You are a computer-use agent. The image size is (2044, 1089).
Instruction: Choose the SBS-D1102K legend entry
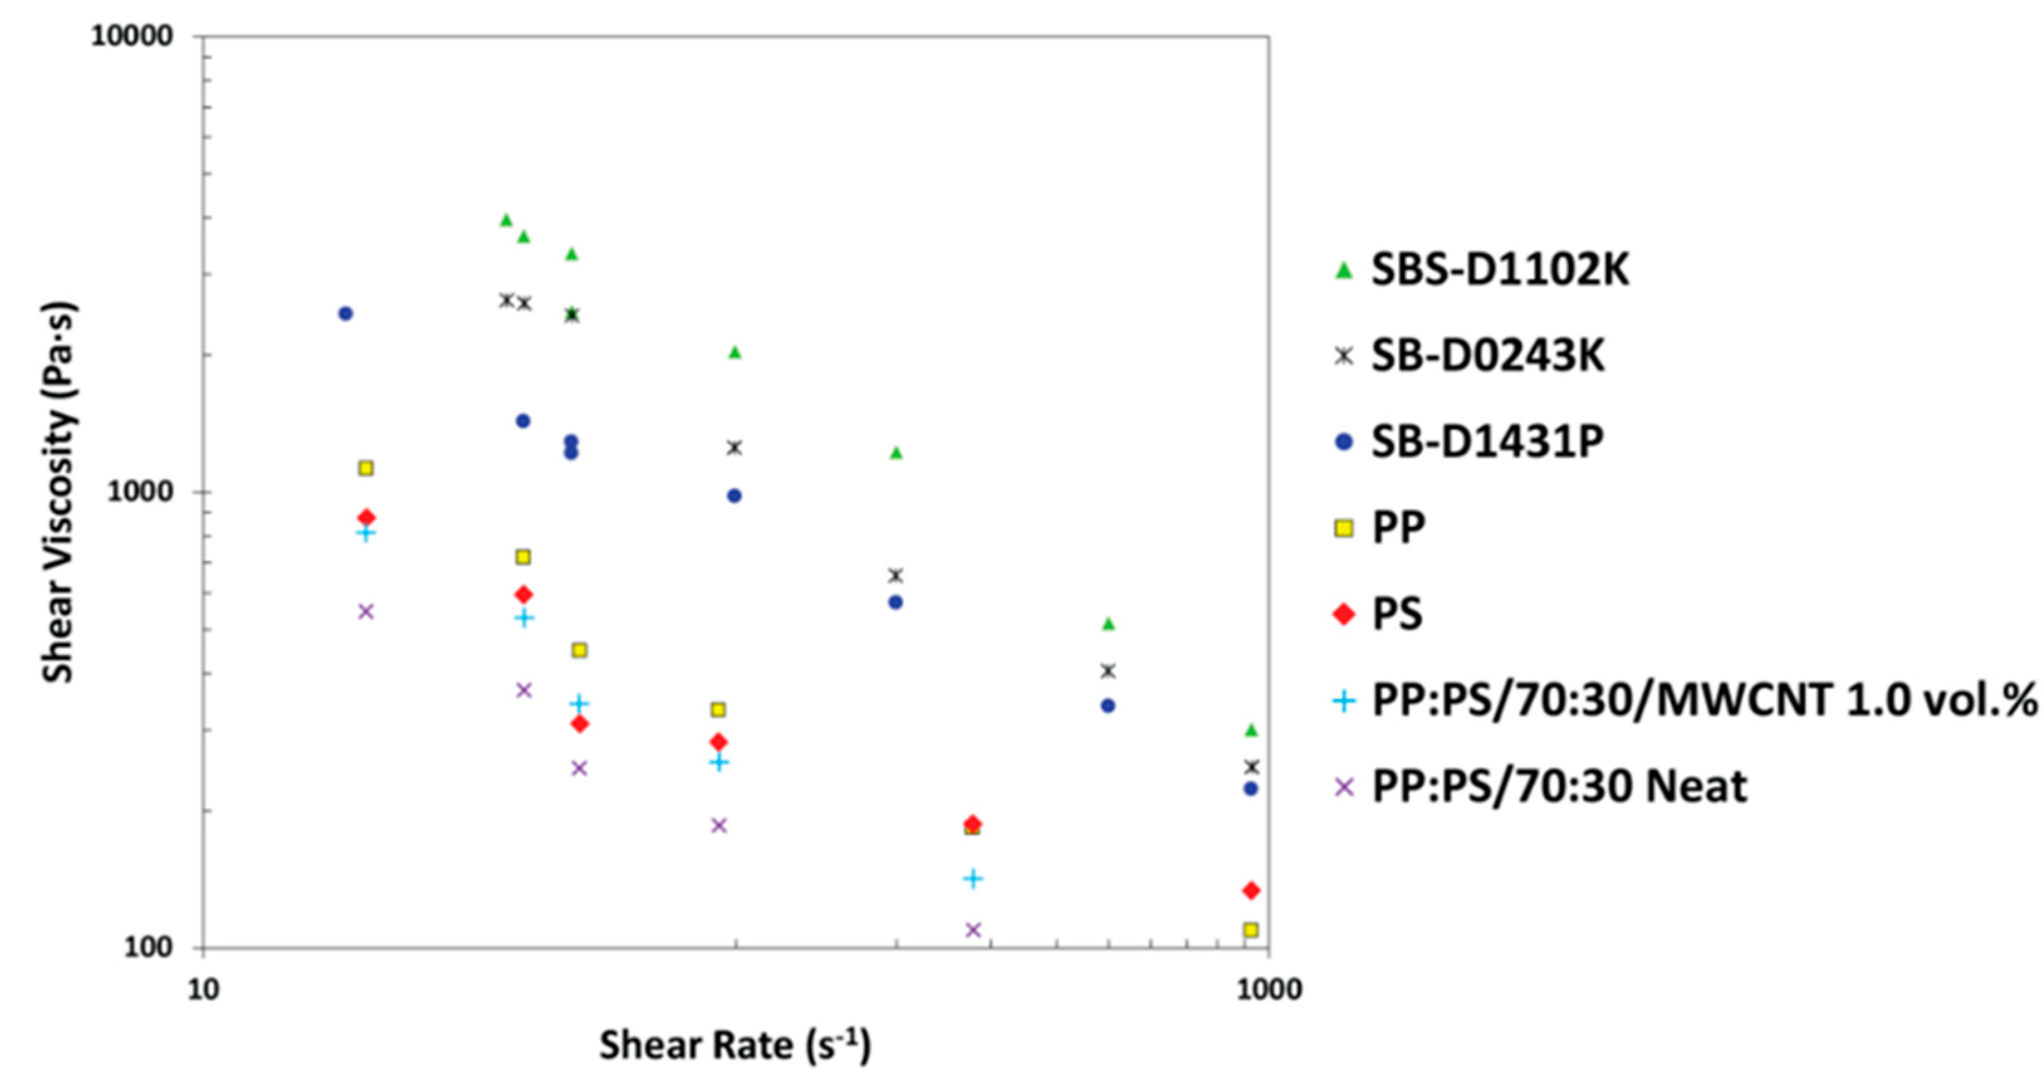click(1500, 270)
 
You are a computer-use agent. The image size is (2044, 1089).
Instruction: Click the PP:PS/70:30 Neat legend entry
click(1559, 787)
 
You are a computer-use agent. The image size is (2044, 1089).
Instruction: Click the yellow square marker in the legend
click(1343, 528)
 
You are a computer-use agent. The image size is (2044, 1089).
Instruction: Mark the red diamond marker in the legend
click(1343, 614)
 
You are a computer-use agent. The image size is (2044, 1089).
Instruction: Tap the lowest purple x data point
click(973, 929)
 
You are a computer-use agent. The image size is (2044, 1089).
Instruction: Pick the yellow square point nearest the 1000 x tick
click(1251, 929)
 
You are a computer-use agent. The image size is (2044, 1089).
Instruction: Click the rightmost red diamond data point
click(1251, 890)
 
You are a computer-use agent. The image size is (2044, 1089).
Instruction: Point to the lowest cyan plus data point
click(973, 878)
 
